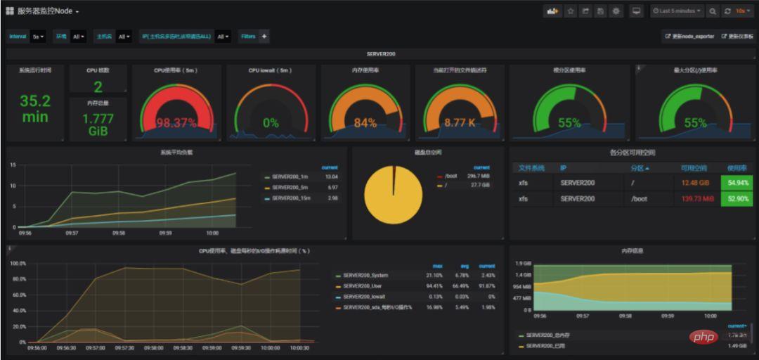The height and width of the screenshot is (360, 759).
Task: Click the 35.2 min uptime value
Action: pyautogui.click(x=35, y=108)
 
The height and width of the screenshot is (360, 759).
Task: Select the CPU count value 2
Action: pyautogui.click(x=98, y=87)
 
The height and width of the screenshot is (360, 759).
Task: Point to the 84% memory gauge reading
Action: pyautogui.click(x=365, y=123)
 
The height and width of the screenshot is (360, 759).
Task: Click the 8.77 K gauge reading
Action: pyautogui.click(x=460, y=123)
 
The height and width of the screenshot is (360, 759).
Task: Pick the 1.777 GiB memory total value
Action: pyautogui.click(x=98, y=124)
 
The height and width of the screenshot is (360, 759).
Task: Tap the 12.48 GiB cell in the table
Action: pyautogui.click(x=695, y=183)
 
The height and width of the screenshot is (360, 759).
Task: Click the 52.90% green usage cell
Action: pyautogui.click(x=737, y=199)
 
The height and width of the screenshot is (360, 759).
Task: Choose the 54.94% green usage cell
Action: pyautogui.click(x=737, y=183)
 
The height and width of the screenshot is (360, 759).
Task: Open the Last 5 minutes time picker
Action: pyautogui.click(x=677, y=11)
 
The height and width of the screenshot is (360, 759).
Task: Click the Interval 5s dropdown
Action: pyautogui.click(x=37, y=37)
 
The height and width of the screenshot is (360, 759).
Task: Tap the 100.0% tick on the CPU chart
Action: pyautogui.click(x=18, y=264)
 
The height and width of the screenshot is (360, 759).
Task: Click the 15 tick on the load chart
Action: pyautogui.click(x=13, y=165)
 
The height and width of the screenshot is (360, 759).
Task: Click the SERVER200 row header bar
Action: pyautogui.click(x=379, y=53)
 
